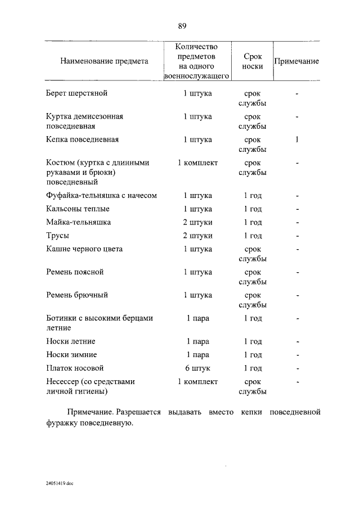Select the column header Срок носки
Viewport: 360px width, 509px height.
(252, 61)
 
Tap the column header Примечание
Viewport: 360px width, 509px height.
(296, 61)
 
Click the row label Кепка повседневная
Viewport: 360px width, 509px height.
(82, 139)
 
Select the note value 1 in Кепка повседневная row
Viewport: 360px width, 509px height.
(296, 139)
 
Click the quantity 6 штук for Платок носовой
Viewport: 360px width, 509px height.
(197, 368)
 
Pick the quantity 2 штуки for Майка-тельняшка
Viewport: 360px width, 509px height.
(197, 222)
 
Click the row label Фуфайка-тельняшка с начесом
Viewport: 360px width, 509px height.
(101, 196)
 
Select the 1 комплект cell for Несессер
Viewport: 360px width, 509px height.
(197, 382)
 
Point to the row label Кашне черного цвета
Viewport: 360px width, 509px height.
(84, 249)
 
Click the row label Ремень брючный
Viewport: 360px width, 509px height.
(77, 295)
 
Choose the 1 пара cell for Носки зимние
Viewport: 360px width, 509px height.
(197, 355)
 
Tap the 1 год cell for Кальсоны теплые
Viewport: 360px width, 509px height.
(253, 209)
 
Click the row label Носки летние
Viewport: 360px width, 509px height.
(71, 341)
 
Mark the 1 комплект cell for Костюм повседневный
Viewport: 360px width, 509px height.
(197, 163)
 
